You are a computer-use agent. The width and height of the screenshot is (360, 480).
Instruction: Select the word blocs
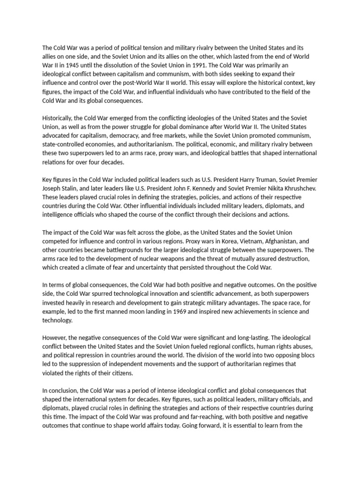tap(305, 355)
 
